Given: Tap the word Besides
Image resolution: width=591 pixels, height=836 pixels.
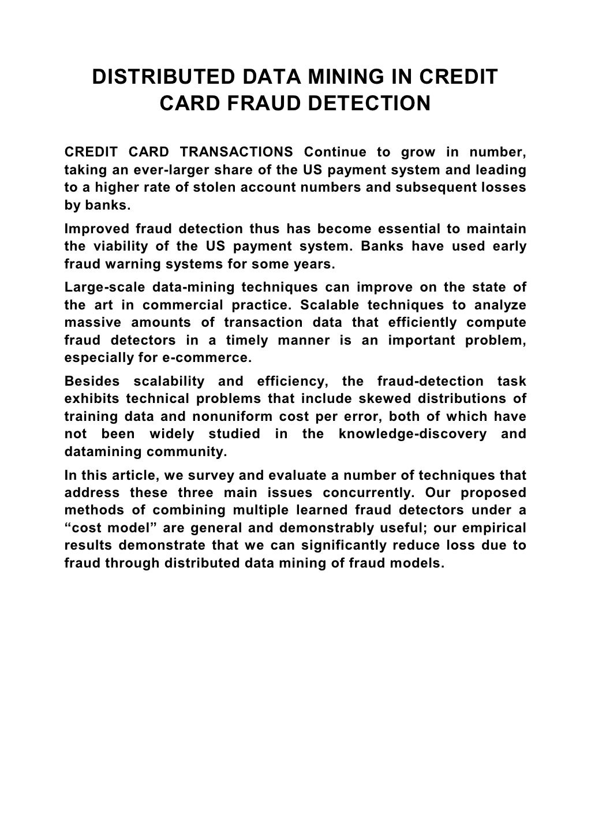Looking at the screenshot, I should (x=92, y=381).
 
